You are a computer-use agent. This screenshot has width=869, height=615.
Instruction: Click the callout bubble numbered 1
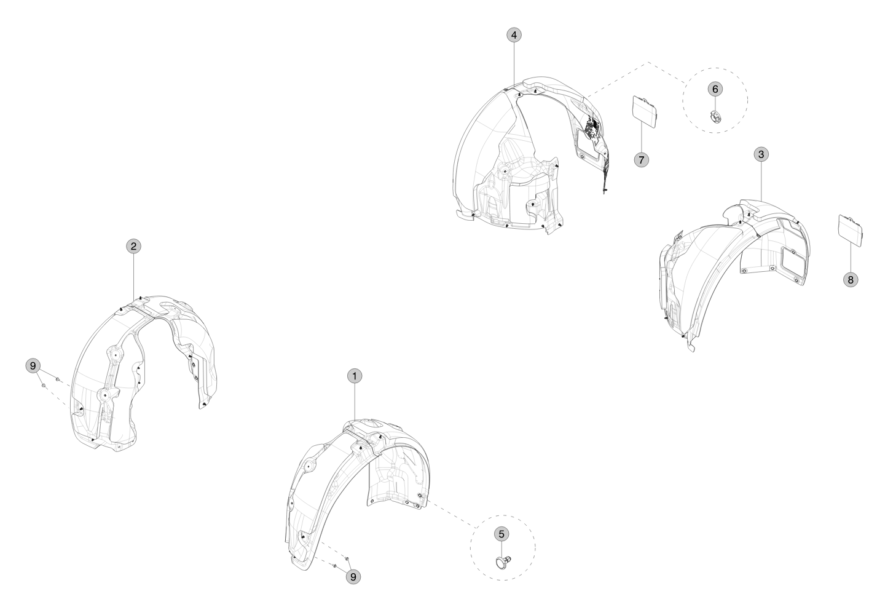click(354, 376)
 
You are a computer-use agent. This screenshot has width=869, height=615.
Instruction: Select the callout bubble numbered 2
click(133, 246)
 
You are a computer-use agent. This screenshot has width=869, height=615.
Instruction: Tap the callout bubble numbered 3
click(761, 154)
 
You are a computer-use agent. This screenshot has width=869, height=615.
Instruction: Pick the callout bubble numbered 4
click(514, 35)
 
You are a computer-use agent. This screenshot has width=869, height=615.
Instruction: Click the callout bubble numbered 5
click(501, 534)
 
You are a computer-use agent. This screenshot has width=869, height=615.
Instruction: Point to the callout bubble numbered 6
click(715, 89)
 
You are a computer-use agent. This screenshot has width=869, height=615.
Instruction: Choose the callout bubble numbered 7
click(641, 159)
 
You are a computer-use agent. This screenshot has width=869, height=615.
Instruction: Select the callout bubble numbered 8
click(851, 280)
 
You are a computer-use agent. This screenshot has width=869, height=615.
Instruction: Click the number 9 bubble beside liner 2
click(33, 366)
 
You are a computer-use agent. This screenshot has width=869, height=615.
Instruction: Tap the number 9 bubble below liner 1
click(353, 577)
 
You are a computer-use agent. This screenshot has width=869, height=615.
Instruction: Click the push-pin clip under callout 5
click(503, 561)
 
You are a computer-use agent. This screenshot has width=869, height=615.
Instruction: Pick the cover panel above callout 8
click(851, 231)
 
